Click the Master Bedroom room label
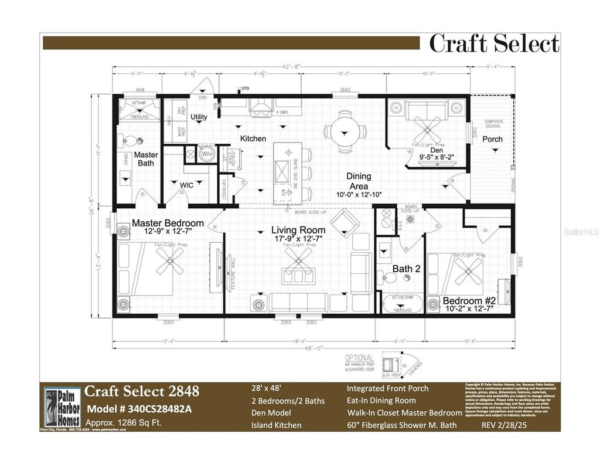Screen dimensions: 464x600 pyautogui.click(x=168, y=223)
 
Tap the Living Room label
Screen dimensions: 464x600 pyautogui.click(x=298, y=231)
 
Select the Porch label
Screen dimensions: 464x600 pyautogui.click(x=492, y=139)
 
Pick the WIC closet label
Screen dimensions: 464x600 pyautogui.click(x=187, y=185)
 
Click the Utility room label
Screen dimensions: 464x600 pyautogui.click(x=199, y=117)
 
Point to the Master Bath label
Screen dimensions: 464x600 pyautogui.click(x=146, y=159)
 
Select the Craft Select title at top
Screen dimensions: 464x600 pyautogui.click(x=494, y=44)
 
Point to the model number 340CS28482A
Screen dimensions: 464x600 pyautogui.click(x=139, y=409)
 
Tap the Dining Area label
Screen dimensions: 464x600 pyautogui.click(x=359, y=181)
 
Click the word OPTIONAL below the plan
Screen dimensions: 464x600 pyautogui.click(x=359, y=358)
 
